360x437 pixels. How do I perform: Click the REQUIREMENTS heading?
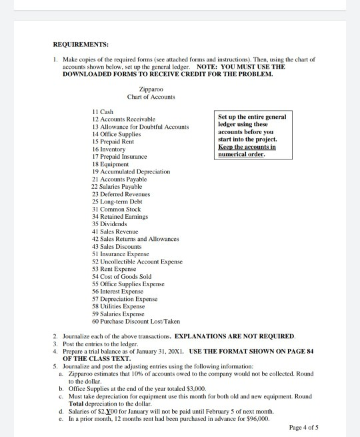[80, 45]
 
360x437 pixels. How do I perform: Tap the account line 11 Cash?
[103, 111]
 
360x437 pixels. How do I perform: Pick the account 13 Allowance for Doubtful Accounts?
[140, 126]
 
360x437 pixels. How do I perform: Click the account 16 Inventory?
[111, 149]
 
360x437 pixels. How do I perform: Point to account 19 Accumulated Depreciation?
[131, 171]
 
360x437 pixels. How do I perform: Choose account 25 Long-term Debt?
[119, 201]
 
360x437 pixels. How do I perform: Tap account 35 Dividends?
[111, 224]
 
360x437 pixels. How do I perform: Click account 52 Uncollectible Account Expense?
[137, 262]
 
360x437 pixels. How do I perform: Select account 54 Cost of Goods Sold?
[122, 276]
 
